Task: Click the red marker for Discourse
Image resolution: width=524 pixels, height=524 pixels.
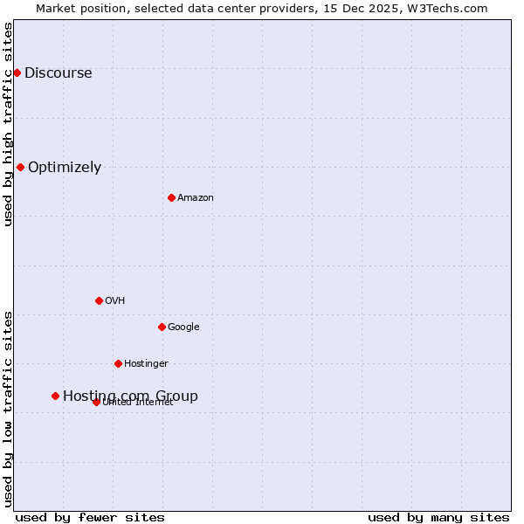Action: point(17,72)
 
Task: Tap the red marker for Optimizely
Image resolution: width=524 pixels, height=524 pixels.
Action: point(20,167)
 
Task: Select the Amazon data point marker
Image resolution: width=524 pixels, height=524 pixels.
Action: point(171,197)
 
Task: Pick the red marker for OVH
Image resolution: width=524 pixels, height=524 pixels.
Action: point(99,300)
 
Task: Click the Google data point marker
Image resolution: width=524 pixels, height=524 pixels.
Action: point(162,327)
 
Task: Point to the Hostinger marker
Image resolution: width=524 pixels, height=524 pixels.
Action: point(118,363)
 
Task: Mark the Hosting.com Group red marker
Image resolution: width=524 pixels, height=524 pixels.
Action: point(55,396)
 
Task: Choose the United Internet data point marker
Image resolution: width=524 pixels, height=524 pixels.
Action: point(96,402)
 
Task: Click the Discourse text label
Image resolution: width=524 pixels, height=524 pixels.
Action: point(58,73)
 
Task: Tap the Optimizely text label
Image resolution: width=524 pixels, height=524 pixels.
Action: point(65,168)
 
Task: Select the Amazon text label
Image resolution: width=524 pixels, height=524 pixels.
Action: point(196,198)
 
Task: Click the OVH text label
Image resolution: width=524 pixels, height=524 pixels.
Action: point(115,301)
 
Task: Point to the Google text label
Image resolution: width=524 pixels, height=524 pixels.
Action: point(183,327)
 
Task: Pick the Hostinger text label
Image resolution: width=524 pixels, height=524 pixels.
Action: point(146,364)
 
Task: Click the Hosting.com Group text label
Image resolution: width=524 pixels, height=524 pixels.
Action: point(130,396)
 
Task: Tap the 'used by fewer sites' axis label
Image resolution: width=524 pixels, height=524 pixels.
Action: point(90,518)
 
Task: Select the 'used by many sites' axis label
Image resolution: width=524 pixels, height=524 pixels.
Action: point(438,518)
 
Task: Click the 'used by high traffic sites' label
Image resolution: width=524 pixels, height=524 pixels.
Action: point(9,124)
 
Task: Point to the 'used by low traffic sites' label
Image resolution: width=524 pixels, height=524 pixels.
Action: point(9,409)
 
